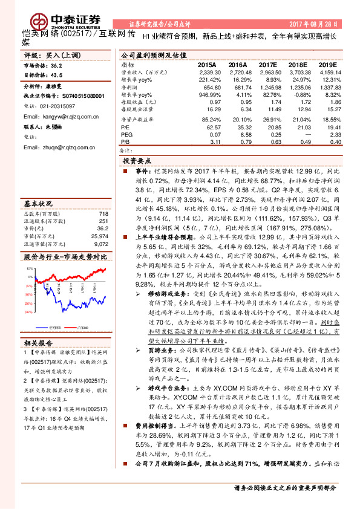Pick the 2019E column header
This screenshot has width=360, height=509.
tap(327, 65)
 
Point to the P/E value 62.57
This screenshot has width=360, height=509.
tap(212, 128)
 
